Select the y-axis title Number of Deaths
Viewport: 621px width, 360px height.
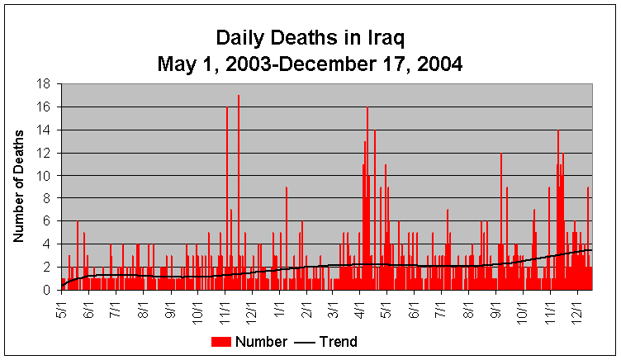click(17, 187)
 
